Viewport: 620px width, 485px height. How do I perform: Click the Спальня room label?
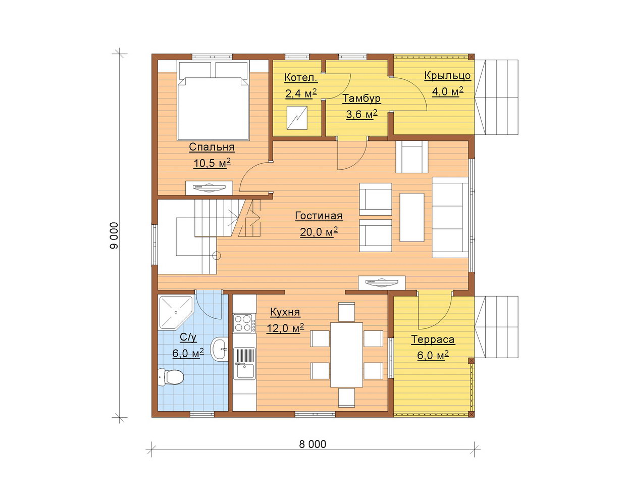[212, 147]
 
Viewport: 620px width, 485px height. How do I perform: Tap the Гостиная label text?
[319, 216]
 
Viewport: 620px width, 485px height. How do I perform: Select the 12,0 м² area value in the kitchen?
[285, 328]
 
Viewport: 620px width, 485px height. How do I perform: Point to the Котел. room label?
[301, 77]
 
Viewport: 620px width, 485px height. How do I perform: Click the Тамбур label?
[361, 98]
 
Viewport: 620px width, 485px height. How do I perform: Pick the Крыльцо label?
[447, 76]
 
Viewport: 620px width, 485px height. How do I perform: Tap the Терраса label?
[433, 339]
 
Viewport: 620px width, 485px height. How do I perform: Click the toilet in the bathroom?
[171, 377]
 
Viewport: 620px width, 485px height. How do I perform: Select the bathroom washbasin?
[220, 349]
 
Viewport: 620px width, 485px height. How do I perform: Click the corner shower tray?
[175, 312]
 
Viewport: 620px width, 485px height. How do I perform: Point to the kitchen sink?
[244, 364]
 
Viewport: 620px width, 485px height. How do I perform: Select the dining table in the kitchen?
[346, 355]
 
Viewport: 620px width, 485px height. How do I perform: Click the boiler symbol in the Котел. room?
[297, 118]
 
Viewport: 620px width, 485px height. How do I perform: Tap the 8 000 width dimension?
[313, 445]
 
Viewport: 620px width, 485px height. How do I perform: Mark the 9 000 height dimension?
[114, 236]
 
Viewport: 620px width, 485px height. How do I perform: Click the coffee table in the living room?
[411, 218]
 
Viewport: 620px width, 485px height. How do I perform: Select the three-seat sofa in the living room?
[450, 218]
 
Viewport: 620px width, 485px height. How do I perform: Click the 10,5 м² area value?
[212, 163]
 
